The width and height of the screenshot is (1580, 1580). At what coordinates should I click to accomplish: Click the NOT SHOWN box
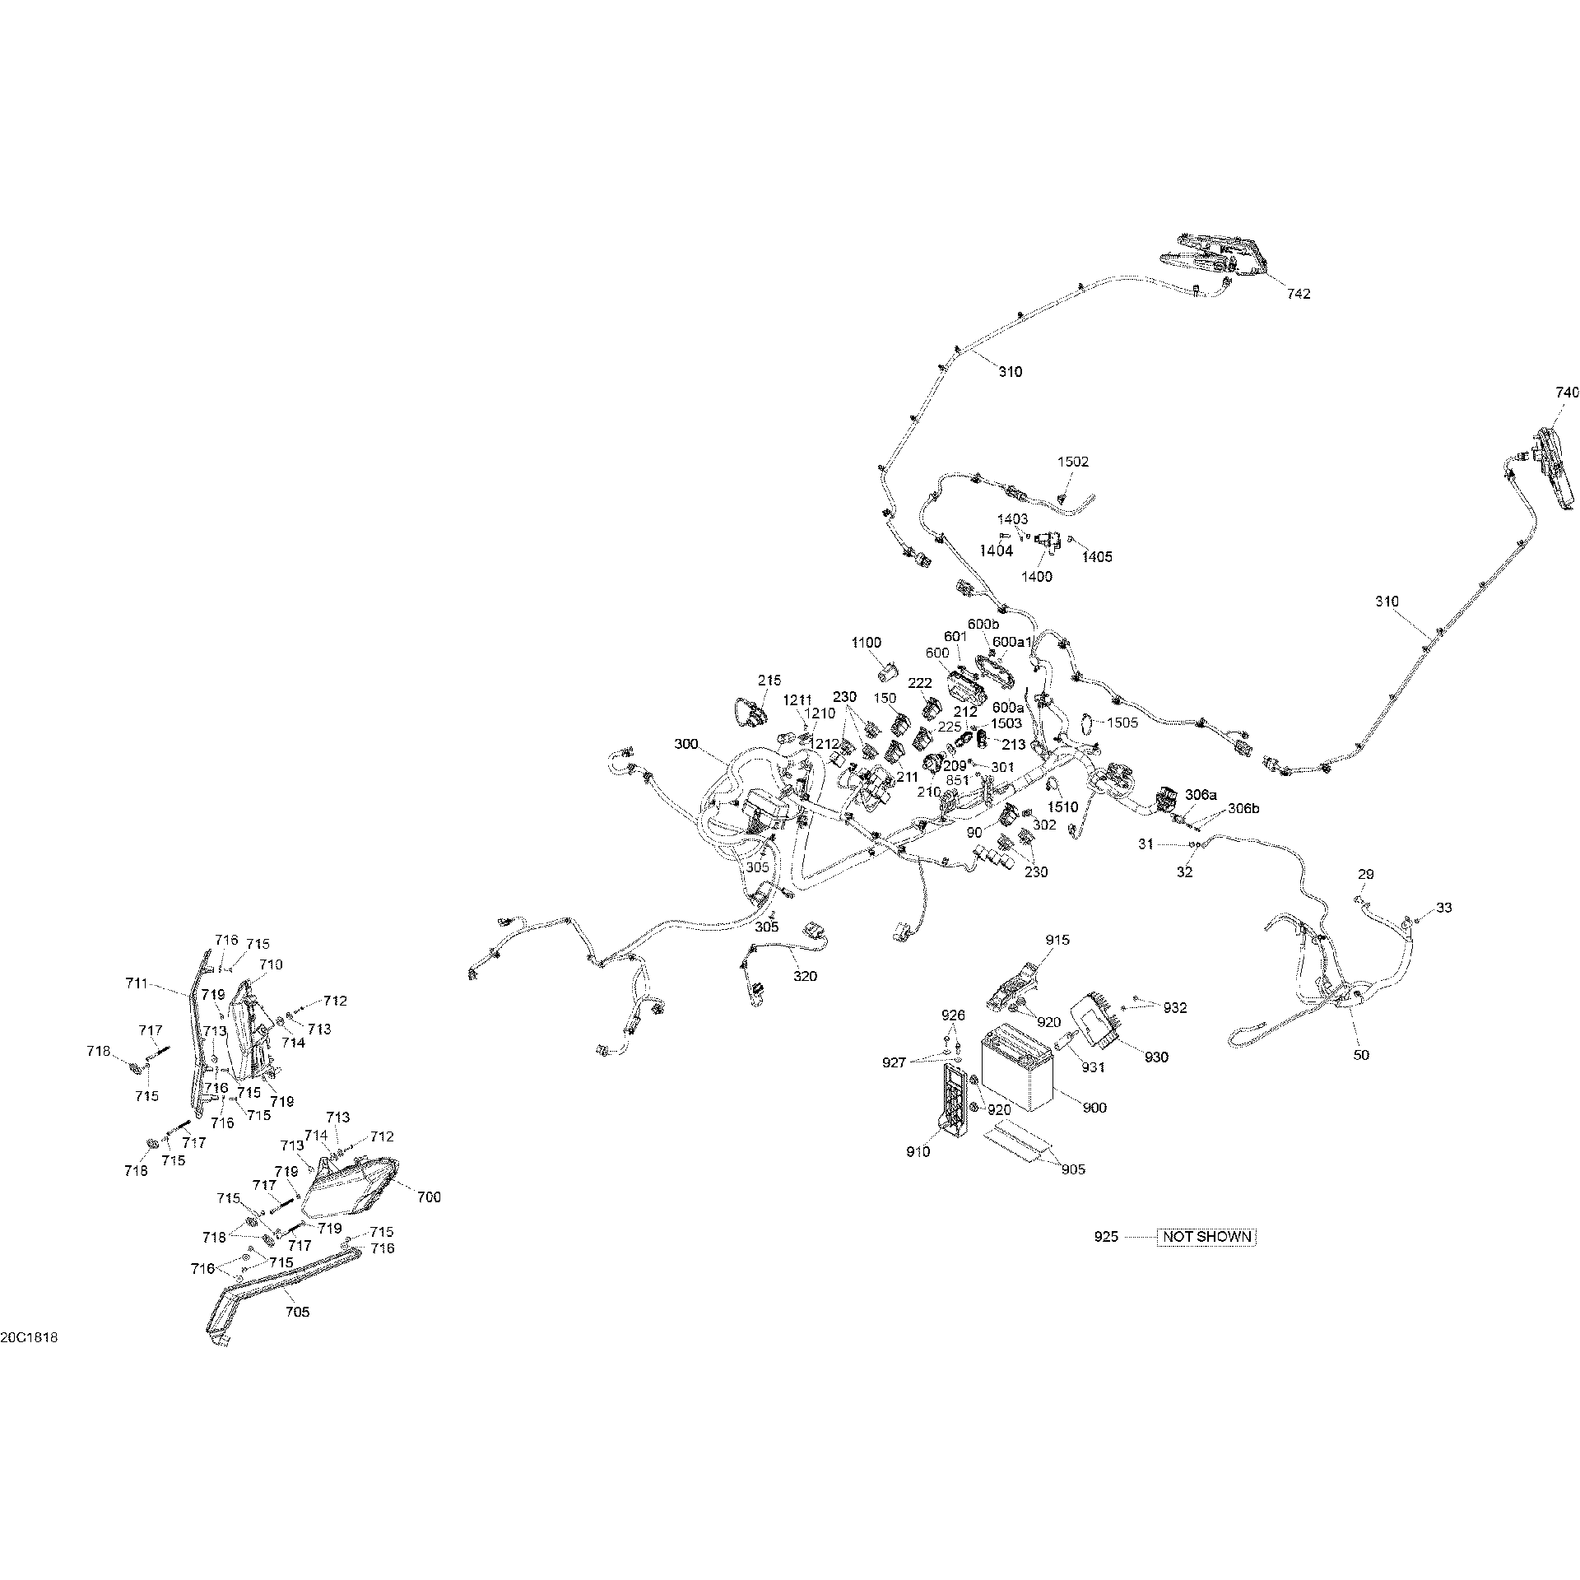pyautogui.click(x=1206, y=1259)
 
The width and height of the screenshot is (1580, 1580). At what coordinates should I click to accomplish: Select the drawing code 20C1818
pyautogui.click(x=29, y=1360)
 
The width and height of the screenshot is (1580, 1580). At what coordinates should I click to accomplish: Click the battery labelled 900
pyautogui.click(x=1018, y=1066)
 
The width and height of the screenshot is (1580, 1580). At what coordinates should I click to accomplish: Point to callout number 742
pyautogui.click(x=1299, y=294)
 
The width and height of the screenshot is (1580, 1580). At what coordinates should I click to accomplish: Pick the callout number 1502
pyautogui.click(x=1073, y=462)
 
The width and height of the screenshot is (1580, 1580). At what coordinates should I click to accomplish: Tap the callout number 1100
pyautogui.click(x=867, y=643)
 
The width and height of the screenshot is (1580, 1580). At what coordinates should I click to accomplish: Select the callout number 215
pyautogui.click(x=769, y=681)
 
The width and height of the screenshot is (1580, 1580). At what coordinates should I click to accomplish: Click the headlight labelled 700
pyautogui.click(x=349, y=1186)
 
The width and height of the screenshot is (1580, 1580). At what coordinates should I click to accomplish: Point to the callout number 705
pyautogui.click(x=297, y=1312)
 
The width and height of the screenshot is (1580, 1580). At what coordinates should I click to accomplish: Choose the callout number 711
pyautogui.click(x=137, y=983)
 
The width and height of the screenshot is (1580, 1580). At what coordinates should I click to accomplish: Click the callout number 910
pyautogui.click(x=918, y=1152)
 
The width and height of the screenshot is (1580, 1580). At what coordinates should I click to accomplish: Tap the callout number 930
pyautogui.click(x=1156, y=1057)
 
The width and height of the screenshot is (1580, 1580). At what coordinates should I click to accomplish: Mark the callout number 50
pyautogui.click(x=1361, y=1054)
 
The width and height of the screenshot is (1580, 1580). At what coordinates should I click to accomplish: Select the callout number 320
pyautogui.click(x=805, y=976)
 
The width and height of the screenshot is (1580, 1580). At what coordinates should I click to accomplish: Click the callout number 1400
pyautogui.click(x=1036, y=576)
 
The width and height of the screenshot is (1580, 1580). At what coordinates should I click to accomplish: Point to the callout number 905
pyautogui.click(x=1073, y=1169)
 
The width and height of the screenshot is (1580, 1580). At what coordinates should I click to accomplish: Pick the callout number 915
pyautogui.click(x=1058, y=940)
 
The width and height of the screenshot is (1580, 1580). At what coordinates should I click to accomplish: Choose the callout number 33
pyautogui.click(x=1444, y=908)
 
